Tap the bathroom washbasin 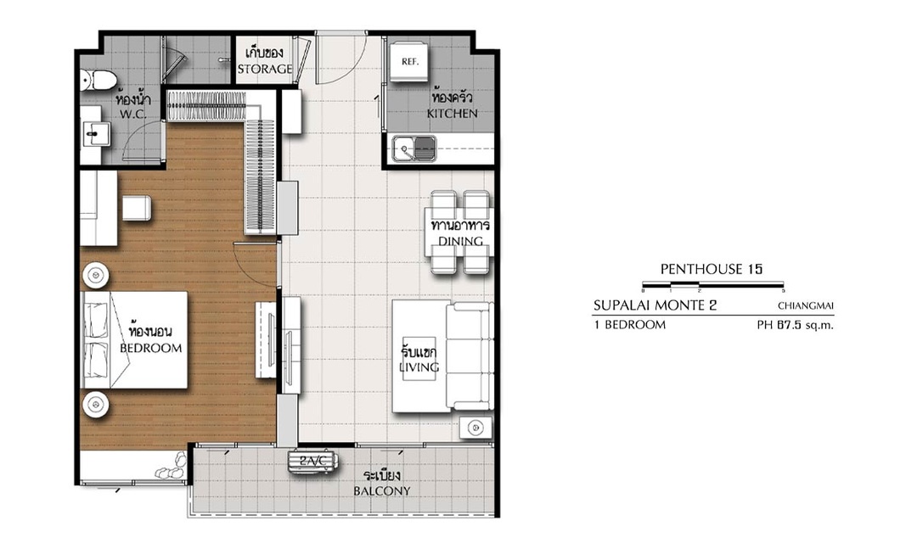95,134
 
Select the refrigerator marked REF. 410,61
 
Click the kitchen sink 414,148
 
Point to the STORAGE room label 265,69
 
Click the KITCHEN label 452,114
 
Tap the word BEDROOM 151,349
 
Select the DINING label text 461,241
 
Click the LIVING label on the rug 419,367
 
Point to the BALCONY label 382,491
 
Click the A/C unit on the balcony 312,462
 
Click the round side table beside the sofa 475,428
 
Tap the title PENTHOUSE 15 712,269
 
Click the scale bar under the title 713,286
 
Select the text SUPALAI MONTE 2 655,305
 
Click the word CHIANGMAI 805,305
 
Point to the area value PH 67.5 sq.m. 796,325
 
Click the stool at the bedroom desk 137,208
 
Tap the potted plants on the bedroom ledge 171,467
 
